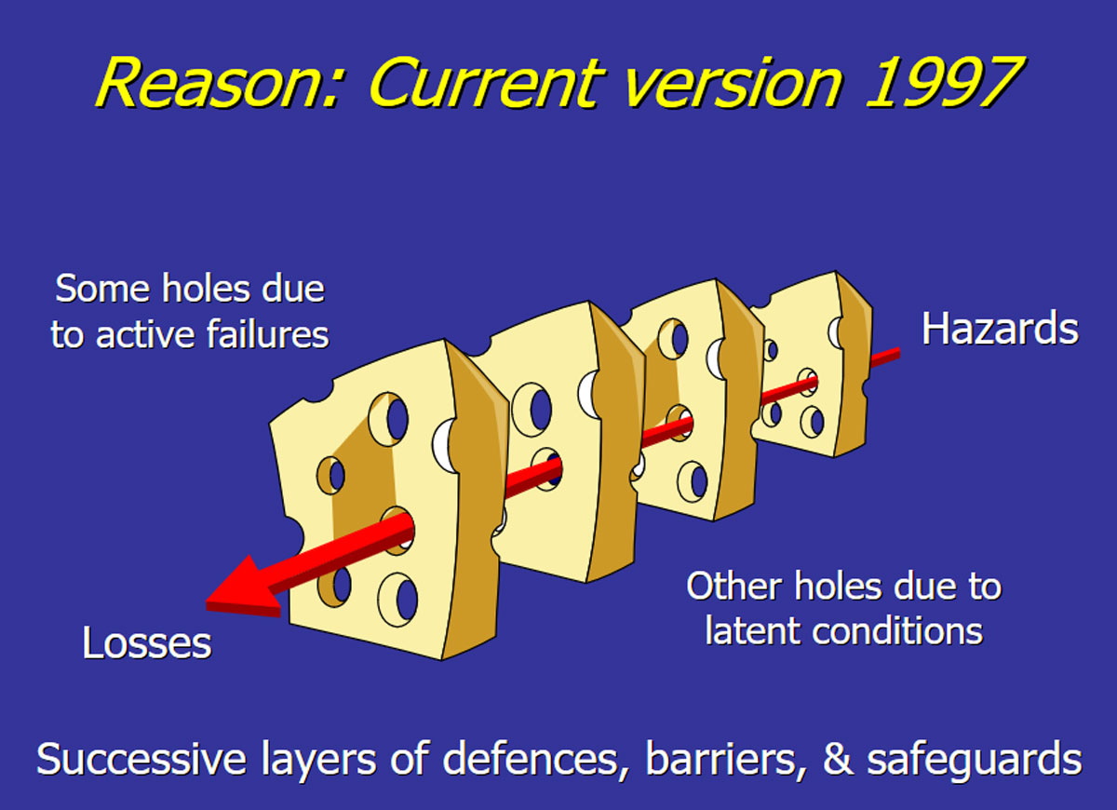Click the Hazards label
[x=1000, y=330]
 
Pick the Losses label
[x=147, y=643]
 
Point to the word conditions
[x=897, y=631]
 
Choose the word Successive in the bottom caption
[x=141, y=760]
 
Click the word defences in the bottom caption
[x=530, y=760]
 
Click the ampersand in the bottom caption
[x=838, y=760]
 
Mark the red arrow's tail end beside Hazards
[x=898, y=353]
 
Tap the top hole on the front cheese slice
[x=388, y=420]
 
